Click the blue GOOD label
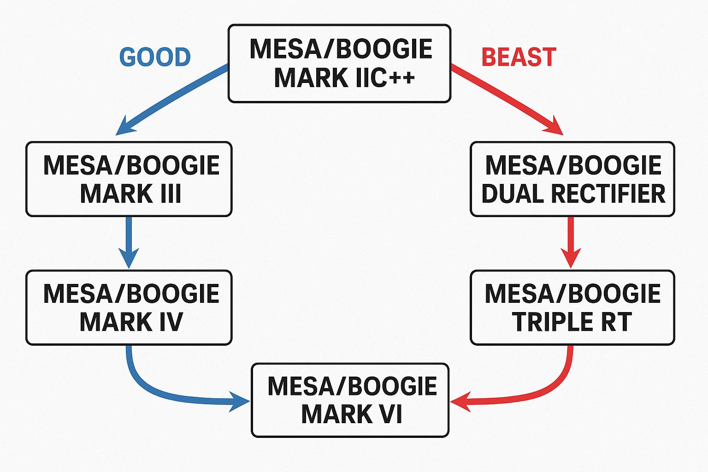pyautogui.click(x=155, y=57)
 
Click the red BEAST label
pyautogui.click(x=519, y=57)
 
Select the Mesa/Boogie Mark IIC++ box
pyautogui.click(x=339, y=63)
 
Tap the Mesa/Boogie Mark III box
pyautogui.click(x=129, y=179)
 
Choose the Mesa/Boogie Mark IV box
pyautogui.click(x=129, y=307)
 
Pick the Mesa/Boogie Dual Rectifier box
pyautogui.click(x=572, y=179)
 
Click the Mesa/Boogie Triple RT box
pyautogui.click(x=572, y=307)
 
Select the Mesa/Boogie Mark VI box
pyautogui.click(x=350, y=400)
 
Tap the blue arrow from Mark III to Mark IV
pyautogui.click(x=129, y=242)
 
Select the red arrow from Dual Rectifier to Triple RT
pyautogui.click(x=571, y=242)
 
